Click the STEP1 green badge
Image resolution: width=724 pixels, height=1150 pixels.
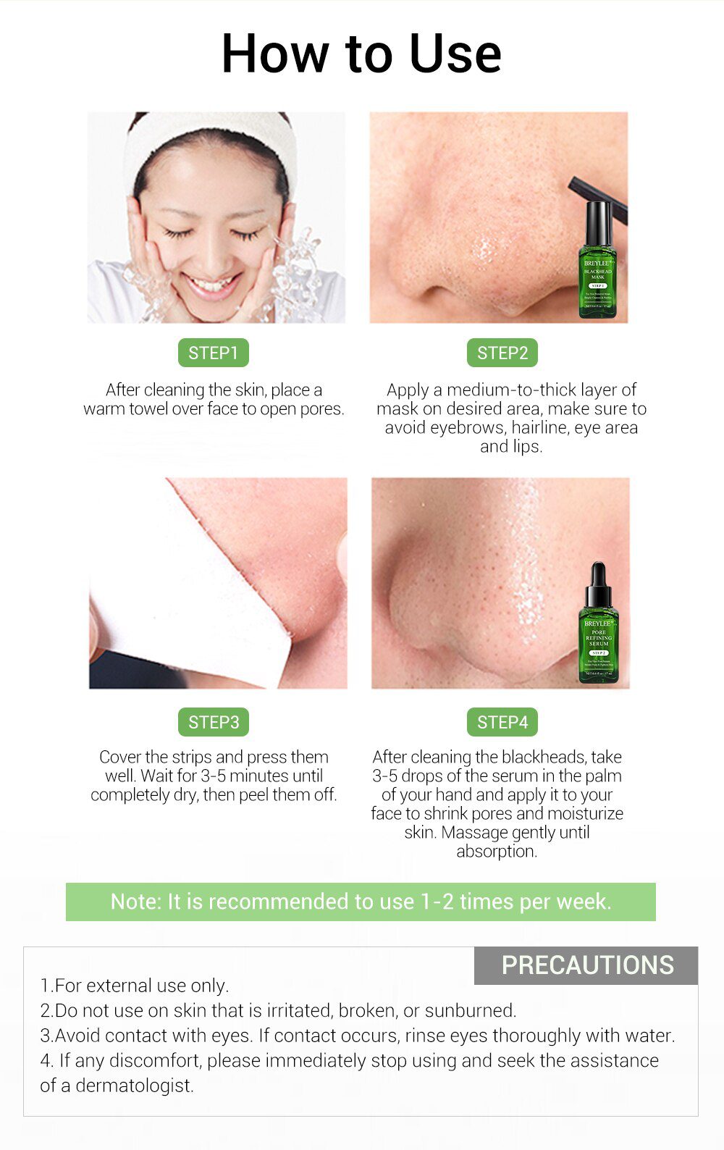pyautogui.click(x=213, y=353)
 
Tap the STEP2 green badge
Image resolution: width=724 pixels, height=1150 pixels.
pyautogui.click(x=502, y=353)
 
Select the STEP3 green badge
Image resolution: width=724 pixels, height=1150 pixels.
pyautogui.click(x=213, y=722)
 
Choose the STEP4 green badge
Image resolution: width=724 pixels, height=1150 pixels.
pyautogui.click(x=502, y=722)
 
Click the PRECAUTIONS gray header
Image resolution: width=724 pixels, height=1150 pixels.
pyautogui.click(x=586, y=965)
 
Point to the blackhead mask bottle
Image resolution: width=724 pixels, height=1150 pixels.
pyautogui.click(x=598, y=268)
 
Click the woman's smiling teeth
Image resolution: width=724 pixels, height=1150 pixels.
pyautogui.click(x=213, y=284)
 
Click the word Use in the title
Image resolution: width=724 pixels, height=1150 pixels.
pyautogui.click(x=455, y=54)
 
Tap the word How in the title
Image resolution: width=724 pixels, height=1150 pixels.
pyautogui.click(x=274, y=54)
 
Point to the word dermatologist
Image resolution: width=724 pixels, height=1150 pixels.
pyautogui.click(x=135, y=1086)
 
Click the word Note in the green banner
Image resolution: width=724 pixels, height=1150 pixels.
pyautogui.click(x=135, y=902)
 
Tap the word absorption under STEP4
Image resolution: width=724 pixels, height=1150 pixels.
pyautogui.click(x=496, y=851)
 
